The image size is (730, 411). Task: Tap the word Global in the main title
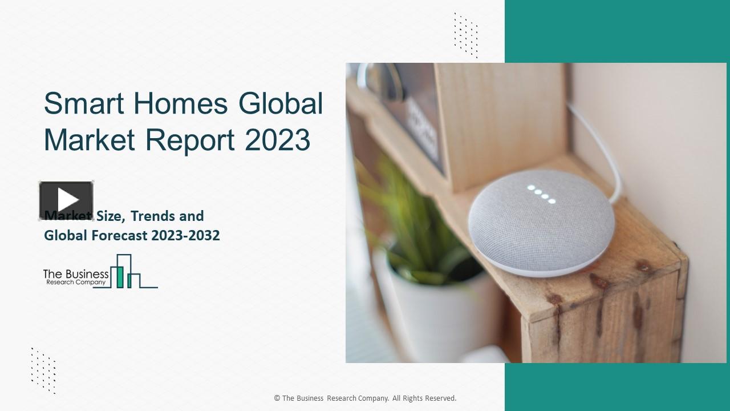pos(281,104)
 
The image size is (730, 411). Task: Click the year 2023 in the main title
pos(278,140)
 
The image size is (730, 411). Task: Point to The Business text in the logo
pos(76,275)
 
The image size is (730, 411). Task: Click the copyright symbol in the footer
pos(277,398)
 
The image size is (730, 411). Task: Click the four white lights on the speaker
pos(541,194)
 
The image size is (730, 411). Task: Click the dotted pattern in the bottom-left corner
pos(43,370)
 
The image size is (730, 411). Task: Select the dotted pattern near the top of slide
pos(466,35)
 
